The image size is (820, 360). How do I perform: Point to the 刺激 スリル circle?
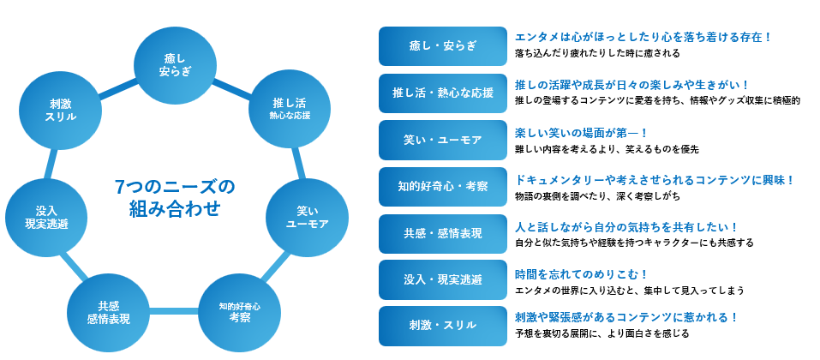60,109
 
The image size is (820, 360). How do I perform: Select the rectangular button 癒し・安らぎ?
442,45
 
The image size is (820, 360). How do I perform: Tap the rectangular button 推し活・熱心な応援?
442,93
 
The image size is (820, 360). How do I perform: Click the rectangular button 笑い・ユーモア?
442,140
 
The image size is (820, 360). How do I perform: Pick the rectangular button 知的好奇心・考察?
442,186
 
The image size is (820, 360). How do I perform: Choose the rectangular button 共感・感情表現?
442,233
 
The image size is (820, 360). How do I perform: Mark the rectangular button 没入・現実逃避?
442,279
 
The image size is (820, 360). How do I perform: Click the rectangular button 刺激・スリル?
442,326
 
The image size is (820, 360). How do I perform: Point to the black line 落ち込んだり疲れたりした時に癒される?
597,53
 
